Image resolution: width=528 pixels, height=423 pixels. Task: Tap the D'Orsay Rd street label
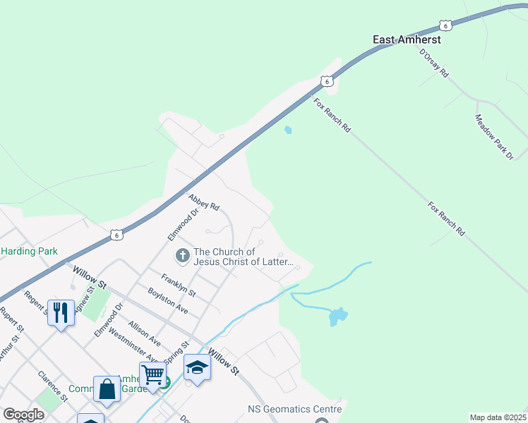(x=434, y=63)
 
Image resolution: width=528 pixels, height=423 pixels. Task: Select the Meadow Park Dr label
(x=494, y=137)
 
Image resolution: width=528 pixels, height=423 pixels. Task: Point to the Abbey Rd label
(x=204, y=203)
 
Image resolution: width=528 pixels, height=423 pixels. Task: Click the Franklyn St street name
(x=177, y=284)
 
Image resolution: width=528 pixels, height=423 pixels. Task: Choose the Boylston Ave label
(x=167, y=300)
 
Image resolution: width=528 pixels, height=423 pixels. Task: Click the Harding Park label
(x=29, y=252)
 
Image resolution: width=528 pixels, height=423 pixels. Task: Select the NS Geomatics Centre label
(x=295, y=409)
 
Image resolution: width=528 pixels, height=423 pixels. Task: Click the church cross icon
(x=183, y=255)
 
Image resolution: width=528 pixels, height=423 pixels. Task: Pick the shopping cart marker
(x=152, y=374)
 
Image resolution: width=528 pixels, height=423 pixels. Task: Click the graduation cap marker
(x=197, y=367)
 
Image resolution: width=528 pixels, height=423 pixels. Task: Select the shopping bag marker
(x=107, y=389)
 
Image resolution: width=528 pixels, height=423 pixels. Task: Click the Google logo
(x=23, y=415)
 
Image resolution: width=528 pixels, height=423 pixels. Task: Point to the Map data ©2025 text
(x=498, y=417)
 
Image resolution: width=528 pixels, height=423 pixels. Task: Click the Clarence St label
(x=52, y=386)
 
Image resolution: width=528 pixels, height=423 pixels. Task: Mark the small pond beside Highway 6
(x=287, y=130)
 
